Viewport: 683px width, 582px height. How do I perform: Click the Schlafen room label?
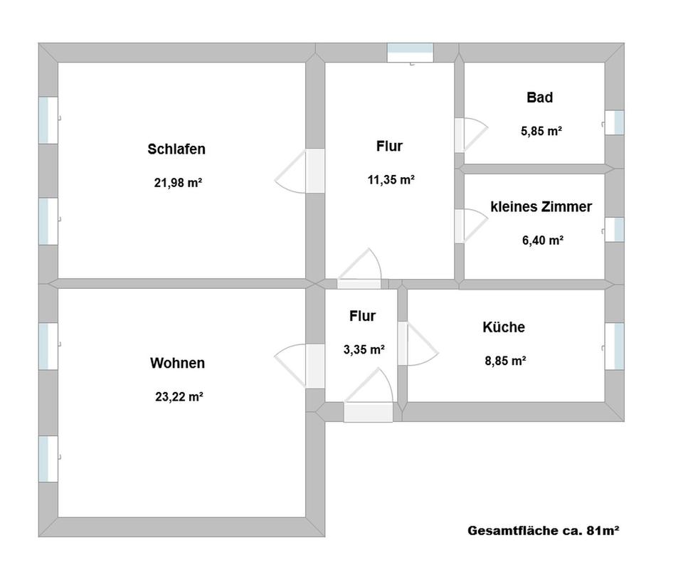176,149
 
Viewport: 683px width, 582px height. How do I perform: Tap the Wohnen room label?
177,364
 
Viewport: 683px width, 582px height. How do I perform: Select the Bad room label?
539,97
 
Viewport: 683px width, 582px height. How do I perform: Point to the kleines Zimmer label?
541,207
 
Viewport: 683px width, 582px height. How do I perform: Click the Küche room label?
504,327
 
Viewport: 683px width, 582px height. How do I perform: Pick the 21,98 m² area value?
178,183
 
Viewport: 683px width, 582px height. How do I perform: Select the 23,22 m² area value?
179,397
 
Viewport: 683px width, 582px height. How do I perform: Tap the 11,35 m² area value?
391,180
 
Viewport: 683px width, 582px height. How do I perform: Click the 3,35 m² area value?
364,349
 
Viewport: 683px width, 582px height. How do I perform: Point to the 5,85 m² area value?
541,131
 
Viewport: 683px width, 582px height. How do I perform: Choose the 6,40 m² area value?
543,240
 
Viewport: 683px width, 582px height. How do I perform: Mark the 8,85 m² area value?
505,361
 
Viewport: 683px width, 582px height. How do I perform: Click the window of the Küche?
615,346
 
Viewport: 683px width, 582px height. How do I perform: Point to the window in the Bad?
615,122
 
